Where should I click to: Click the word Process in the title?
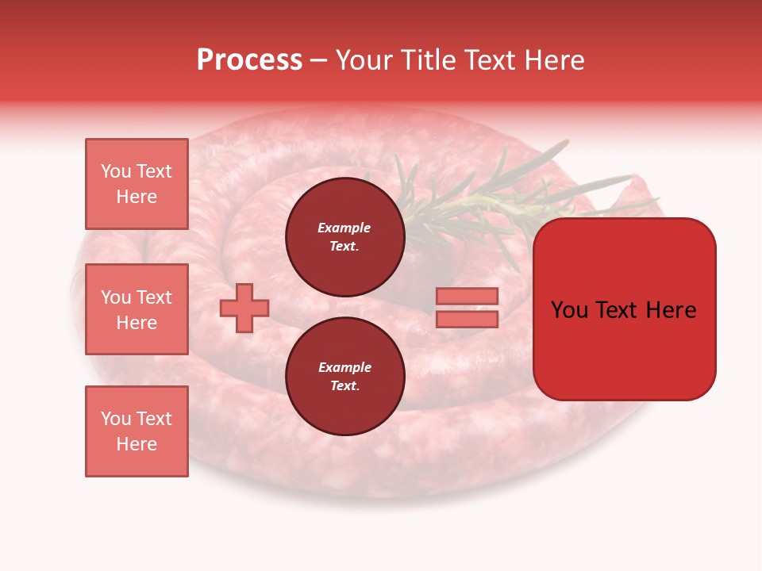[x=249, y=60]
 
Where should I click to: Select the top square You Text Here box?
[x=137, y=184]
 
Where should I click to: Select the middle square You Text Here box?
[x=137, y=309]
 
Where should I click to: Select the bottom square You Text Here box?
[x=137, y=431]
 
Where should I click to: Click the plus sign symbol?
[x=244, y=308]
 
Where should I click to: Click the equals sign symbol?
[x=467, y=308]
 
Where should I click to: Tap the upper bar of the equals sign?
[x=467, y=297]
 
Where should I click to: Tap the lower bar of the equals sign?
[x=467, y=319]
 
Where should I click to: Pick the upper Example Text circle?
[x=344, y=236]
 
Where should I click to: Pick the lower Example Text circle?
[x=344, y=376]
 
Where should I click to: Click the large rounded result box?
[x=624, y=309]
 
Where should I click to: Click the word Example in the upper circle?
[x=344, y=228]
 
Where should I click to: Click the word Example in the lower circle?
[x=344, y=367]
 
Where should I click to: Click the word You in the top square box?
[x=116, y=171]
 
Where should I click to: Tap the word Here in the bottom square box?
[x=137, y=444]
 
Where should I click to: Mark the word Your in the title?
[x=364, y=60]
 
